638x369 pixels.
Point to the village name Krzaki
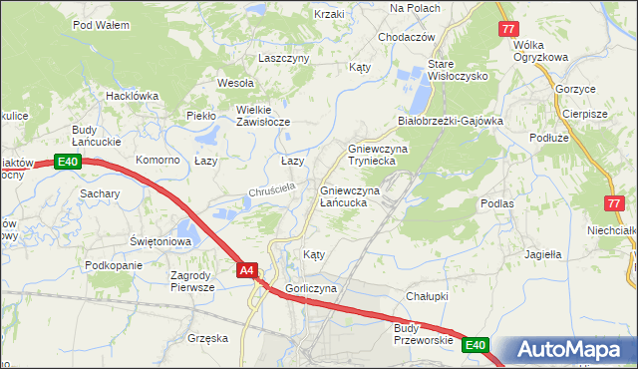[328, 14]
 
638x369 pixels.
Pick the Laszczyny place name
[284, 58]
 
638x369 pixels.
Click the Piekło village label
[201, 116]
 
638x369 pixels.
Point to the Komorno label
[158, 160]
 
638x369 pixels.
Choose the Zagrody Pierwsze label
[192, 280]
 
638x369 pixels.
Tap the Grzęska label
[207, 338]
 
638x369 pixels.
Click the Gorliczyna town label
[312, 288]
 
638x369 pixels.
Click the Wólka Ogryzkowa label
[539, 51]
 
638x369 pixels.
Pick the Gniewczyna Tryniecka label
[372, 155]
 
